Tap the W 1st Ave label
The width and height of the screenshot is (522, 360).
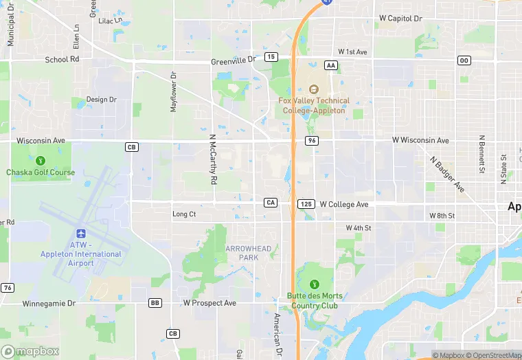click(352, 52)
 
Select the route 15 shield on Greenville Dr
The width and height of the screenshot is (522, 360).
click(271, 56)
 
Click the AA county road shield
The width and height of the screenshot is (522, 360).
click(332, 65)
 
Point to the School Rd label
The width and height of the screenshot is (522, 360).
click(63, 60)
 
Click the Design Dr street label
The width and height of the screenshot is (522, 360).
click(102, 100)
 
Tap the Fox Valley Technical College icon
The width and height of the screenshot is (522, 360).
click(314, 89)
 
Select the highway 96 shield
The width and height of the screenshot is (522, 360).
click(312, 141)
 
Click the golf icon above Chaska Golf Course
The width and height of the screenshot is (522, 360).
click(41, 160)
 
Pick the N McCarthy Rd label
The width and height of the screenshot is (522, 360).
click(213, 159)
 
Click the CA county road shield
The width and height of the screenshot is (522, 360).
click(271, 203)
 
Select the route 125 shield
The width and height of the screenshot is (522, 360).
click(306, 205)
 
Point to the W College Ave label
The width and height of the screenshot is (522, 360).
click(344, 205)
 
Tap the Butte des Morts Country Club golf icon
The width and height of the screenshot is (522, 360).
click(315, 284)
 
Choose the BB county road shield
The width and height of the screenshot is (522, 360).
click(155, 303)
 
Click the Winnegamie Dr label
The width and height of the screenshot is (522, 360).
click(49, 303)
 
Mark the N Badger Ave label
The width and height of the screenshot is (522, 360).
click(447, 174)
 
